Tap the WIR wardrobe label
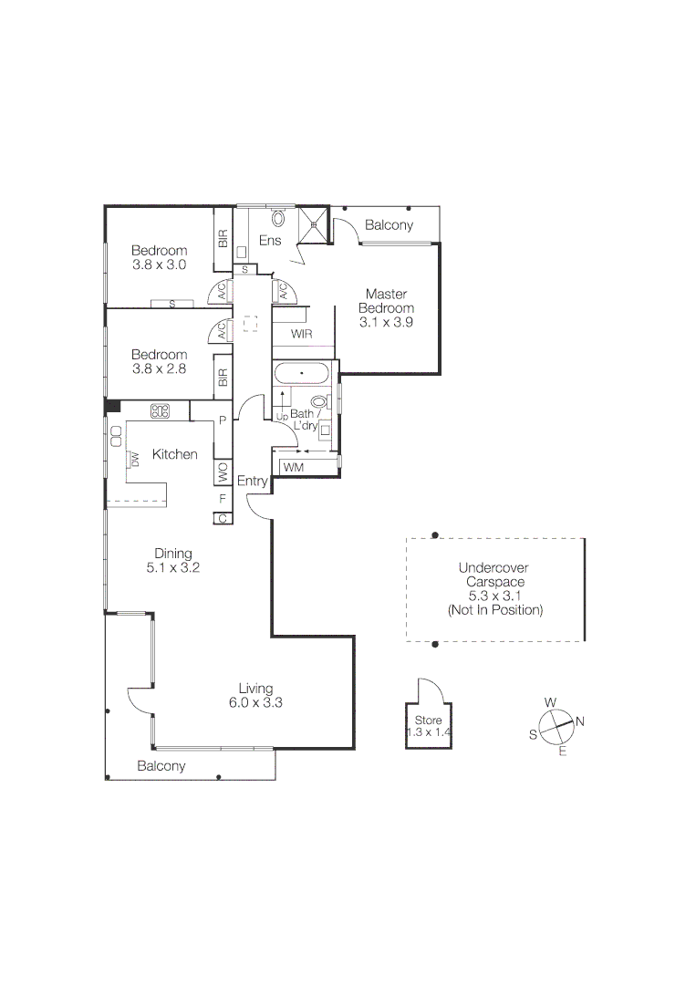(x=302, y=335)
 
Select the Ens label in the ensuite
(x=270, y=241)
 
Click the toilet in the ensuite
(x=277, y=218)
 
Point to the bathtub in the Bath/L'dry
(x=301, y=375)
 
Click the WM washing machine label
(x=294, y=467)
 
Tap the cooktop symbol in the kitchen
(x=161, y=411)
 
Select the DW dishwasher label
(x=134, y=460)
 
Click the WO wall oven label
(x=222, y=472)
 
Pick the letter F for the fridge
(x=222, y=499)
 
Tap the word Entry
(x=252, y=481)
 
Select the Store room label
(x=428, y=726)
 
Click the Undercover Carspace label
(x=494, y=588)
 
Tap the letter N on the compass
(x=580, y=722)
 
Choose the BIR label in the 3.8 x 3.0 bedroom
(x=223, y=239)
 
